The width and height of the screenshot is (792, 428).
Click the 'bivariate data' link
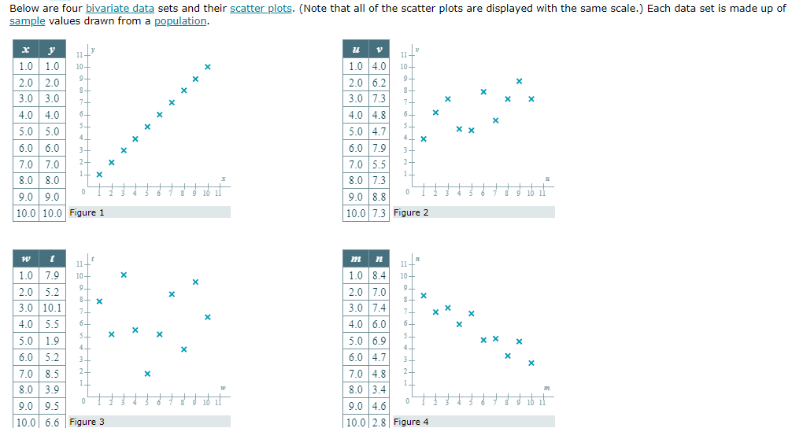120,8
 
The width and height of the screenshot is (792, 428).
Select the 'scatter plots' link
261,8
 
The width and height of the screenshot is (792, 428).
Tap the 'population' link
180,20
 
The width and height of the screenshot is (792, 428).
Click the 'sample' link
27,20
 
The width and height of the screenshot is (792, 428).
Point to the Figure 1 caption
87,212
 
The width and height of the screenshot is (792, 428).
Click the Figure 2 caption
411,212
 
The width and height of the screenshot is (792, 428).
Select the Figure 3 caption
87,422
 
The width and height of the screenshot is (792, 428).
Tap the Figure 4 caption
411,422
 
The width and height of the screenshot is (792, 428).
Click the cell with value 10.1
51,308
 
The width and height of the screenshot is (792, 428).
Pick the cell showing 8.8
379,197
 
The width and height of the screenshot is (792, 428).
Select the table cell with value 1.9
51,341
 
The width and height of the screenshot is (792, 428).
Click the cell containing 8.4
379,275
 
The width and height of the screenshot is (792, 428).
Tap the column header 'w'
26,259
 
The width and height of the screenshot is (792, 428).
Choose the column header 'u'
356,50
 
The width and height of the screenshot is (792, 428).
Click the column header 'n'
379,259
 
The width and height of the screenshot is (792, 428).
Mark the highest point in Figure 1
207,67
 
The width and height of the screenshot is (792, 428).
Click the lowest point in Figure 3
147,373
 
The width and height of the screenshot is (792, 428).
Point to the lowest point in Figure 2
424,139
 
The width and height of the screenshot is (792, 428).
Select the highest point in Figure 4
424,296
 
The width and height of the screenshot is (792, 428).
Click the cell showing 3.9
51,389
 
